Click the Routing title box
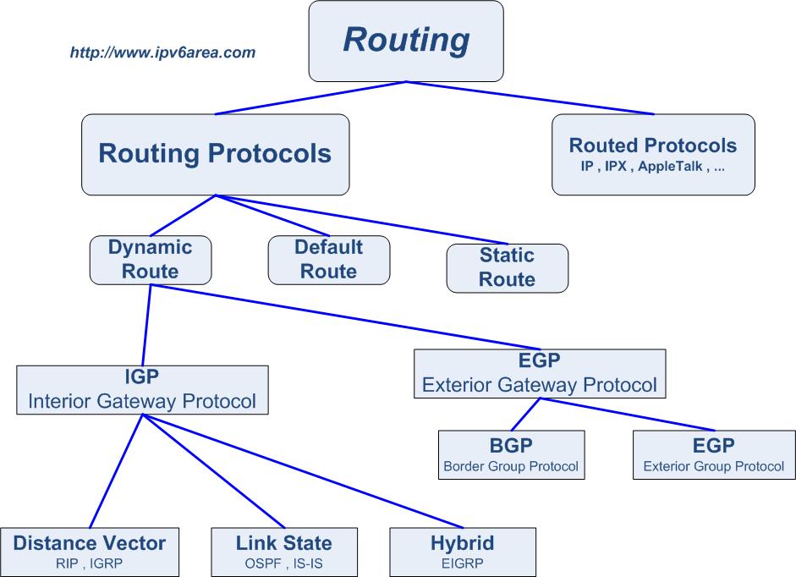[406, 41]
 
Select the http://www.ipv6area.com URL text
[162, 52]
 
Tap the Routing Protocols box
[215, 154]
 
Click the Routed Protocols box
[652, 154]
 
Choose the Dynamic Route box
[150, 259]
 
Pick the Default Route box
[328, 259]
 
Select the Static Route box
[507, 267]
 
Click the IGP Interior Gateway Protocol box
[142, 389]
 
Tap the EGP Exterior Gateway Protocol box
[539, 373]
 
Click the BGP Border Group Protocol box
[510, 455]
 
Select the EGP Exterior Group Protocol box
[713, 455]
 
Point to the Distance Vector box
[90, 552]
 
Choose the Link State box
[283, 552]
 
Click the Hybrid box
[462, 552]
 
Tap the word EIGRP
[462, 561]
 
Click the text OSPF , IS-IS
[283, 561]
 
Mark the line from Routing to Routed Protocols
[531, 97]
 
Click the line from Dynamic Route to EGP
[338, 317]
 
